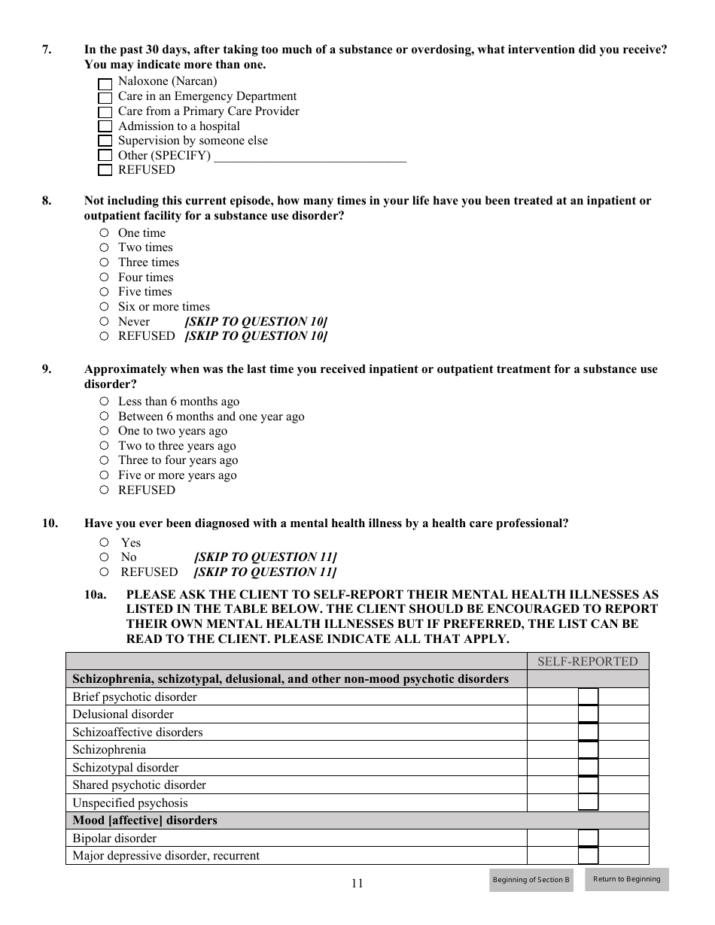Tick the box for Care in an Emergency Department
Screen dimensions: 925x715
[105, 98]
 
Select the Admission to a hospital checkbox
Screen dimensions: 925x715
[105, 127]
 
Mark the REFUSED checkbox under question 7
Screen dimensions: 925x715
[105, 171]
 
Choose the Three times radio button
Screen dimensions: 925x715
[105, 262]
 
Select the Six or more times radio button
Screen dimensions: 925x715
[105, 307]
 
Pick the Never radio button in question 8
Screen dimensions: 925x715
[105, 322]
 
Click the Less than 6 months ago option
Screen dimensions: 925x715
[105, 402]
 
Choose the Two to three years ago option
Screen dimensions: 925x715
[105, 446]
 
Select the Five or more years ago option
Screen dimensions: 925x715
[105, 475]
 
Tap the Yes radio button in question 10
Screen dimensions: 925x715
[105, 542]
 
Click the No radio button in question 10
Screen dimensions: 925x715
[105, 557]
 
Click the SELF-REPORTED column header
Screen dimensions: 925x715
[587, 662]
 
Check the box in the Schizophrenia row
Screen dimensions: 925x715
[588, 750]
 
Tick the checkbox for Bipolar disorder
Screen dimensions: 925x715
[588, 839]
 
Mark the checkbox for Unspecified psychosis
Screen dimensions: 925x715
[588, 802]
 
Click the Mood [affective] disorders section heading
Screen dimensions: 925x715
[145, 820]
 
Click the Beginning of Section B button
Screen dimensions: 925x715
[531, 880]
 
